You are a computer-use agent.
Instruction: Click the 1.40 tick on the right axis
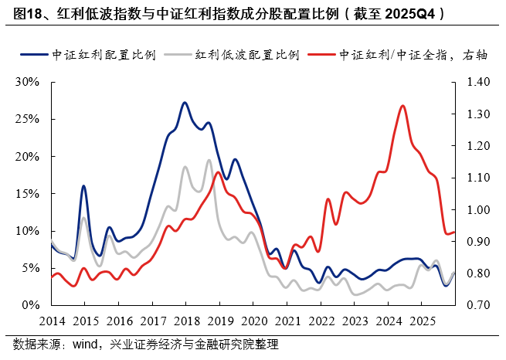point(477,82)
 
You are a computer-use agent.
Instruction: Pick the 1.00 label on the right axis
point(477,210)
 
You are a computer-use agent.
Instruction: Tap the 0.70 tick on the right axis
point(477,306)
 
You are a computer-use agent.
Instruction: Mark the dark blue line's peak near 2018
point(185,102)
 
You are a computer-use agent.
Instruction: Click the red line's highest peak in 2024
point(403,106)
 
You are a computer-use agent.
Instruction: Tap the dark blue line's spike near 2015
point(83,186)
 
